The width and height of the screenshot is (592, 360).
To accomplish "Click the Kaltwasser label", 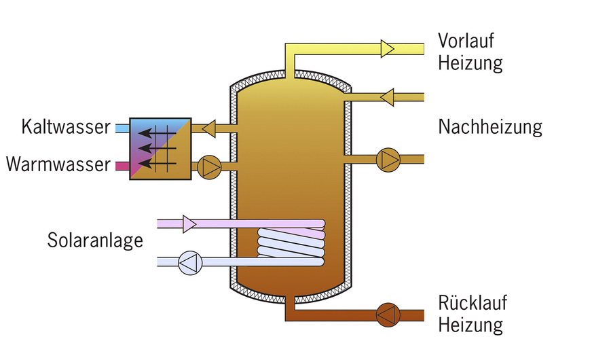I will click(65, 127).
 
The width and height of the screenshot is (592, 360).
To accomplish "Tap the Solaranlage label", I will click(95, 240).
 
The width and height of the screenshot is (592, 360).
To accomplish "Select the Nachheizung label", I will click(490, 127).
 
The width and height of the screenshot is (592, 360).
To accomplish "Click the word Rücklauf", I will click(473, 303).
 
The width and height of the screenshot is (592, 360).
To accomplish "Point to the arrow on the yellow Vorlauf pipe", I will click(387, 48).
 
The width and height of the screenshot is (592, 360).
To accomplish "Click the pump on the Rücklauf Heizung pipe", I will click(387, 314).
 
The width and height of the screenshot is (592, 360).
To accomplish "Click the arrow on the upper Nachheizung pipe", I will click(387, 97).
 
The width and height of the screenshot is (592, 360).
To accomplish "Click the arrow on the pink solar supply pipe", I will click(189, 223).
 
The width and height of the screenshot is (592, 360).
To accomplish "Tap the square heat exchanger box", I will click(160, 147).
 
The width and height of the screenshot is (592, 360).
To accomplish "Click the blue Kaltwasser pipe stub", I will click(121, 127).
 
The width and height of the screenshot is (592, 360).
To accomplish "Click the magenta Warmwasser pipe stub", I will click(121, 166).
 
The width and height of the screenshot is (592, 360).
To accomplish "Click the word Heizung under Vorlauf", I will click(470, 64).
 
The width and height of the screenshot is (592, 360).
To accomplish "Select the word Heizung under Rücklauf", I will click(470, 325).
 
